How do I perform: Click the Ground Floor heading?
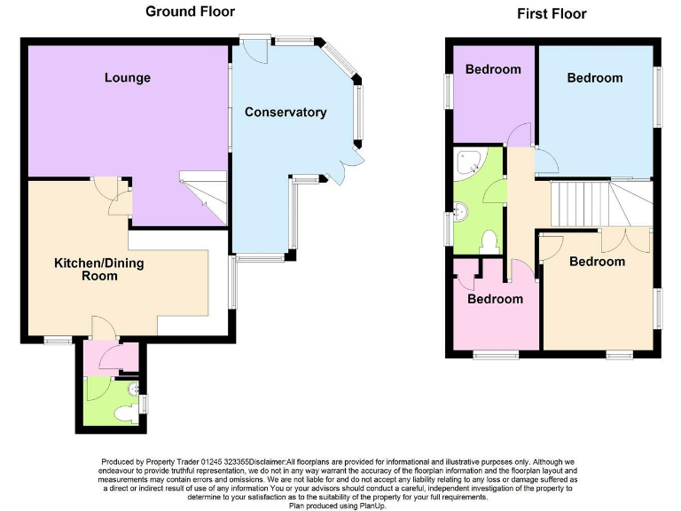click(x=191, y=12)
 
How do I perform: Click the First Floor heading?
click(x=552, y=13)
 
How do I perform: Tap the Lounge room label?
click(x=128, y=78)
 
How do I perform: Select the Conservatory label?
click(x=286, y=113)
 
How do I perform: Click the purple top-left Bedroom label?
click(x=493, y=69)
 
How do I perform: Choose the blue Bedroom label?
click(x=595, y=78)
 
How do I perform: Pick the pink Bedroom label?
click(x=495, y=299)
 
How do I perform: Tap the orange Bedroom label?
click(x=597, y=262)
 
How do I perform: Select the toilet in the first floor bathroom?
click(x=488, y=241)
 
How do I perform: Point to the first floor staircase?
click(x=581, y=202)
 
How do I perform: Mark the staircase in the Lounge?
click(x=204, y=188)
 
